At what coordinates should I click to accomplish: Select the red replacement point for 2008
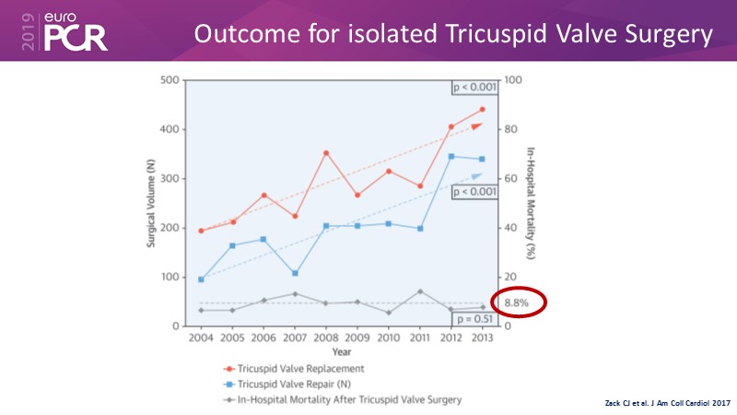click(x=326, y=153)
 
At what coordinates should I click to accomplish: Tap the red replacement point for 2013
click(x=482, y=110)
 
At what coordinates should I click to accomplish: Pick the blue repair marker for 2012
click(x=450, y=157)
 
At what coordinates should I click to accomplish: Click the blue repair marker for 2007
click(x=295, y=273)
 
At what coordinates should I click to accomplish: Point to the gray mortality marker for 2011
click(x=420, y=291)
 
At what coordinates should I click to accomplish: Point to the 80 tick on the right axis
click(x=511, y=129)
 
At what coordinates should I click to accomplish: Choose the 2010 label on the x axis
click(x=388, y=338)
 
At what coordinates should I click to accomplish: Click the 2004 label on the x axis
click(x=201, y=338)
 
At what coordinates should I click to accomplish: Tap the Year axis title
click(x=341, y=351)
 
